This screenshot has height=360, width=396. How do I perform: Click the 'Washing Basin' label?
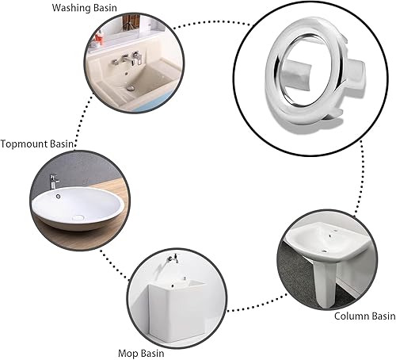84,8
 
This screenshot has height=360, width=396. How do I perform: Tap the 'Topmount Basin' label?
37,144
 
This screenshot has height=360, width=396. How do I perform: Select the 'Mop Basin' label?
141,353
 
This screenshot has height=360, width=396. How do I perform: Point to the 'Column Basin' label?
364,316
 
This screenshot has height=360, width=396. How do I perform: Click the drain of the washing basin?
131,88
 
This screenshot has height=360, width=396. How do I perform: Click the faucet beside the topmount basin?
54,182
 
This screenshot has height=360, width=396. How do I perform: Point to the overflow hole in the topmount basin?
58,196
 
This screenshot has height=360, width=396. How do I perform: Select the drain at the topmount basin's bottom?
78,218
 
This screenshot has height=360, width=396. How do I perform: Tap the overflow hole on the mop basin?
172,285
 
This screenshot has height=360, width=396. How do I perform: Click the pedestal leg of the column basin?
326,283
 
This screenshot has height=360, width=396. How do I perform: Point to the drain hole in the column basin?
325,251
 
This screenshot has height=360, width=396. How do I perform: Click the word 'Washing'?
69,8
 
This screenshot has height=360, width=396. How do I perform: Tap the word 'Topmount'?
24,144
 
